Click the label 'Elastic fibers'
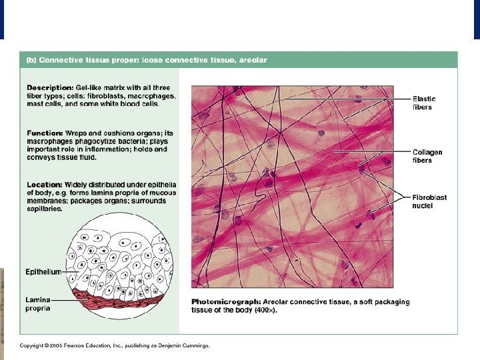(x=424, y=103)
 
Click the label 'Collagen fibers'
(x=427, y=156)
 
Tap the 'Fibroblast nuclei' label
(x=429, y=201)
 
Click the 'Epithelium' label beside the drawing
(x=43, y=272)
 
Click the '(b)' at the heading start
(x=31, y=60)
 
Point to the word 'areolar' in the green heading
(x=253, y=60)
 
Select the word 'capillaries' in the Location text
(x=43, y=209)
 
